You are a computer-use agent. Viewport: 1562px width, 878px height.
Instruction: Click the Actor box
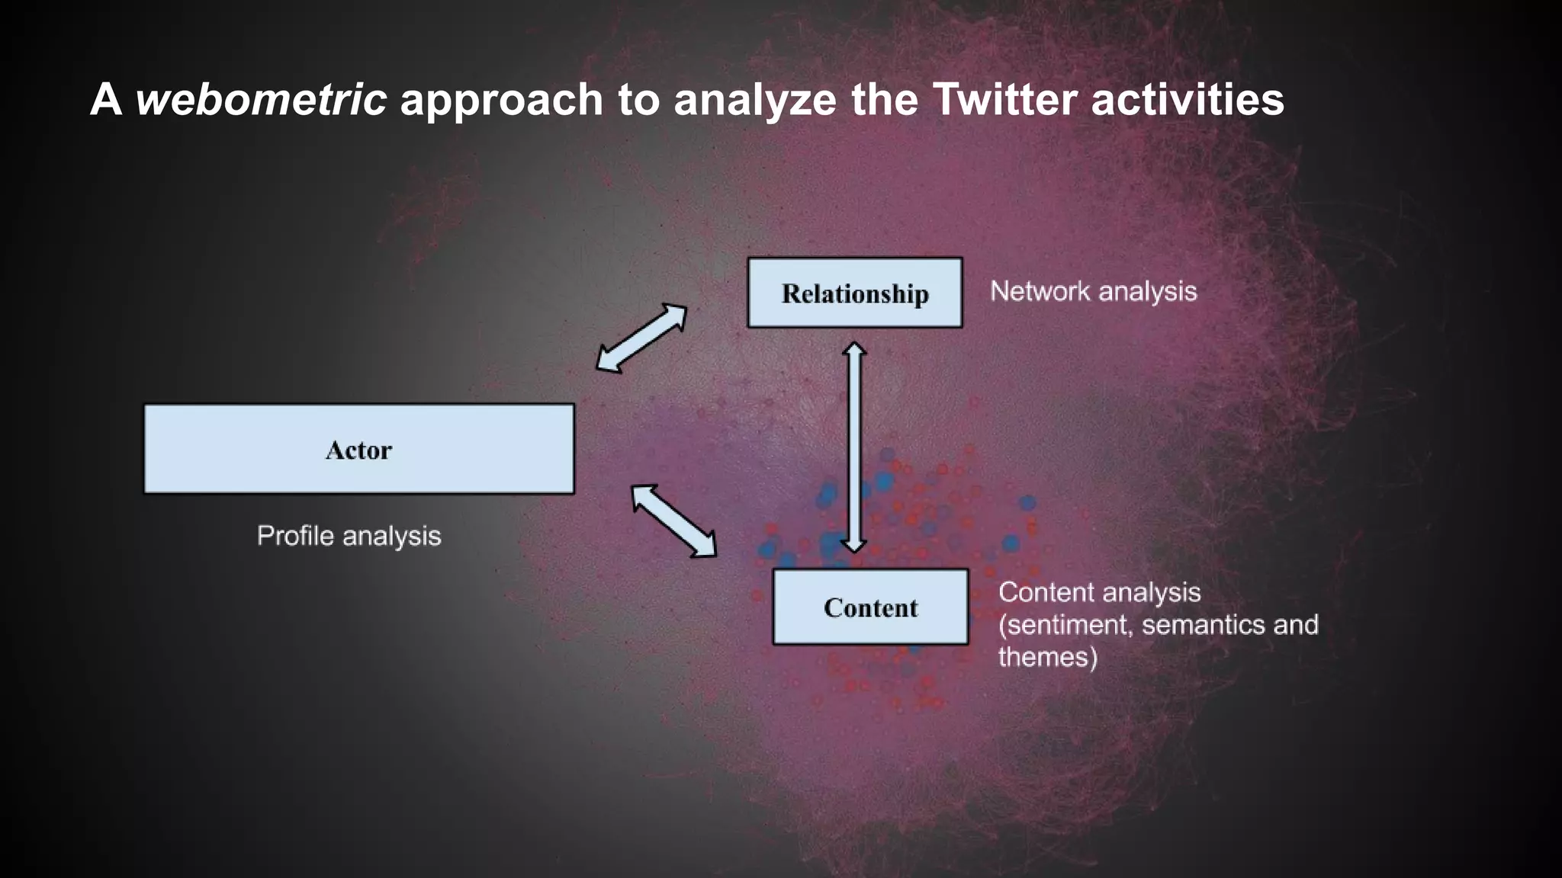358,449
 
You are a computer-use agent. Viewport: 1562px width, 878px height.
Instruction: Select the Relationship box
854,293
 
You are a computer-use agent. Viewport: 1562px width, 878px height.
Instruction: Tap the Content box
870,607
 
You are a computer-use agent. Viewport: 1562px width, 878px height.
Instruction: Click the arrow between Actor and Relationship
641,338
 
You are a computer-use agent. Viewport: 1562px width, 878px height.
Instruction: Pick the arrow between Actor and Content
674,521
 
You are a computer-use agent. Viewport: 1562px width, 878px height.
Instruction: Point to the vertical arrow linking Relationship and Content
853,447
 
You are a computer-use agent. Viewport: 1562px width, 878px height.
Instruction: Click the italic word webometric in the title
261,99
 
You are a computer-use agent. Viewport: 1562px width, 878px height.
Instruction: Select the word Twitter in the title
1004,99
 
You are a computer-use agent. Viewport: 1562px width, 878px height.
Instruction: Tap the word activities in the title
1188,99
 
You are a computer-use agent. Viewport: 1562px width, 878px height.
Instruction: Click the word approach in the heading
501,99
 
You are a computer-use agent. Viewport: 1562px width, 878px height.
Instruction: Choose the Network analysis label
1093,291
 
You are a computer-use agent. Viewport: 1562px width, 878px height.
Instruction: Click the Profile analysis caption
349,536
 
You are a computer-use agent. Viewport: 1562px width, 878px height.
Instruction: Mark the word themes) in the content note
1047,657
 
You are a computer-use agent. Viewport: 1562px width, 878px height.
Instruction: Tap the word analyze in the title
755,99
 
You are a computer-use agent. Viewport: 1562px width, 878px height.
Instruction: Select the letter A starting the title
106,99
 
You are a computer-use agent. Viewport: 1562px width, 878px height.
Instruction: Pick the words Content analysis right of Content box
1099,592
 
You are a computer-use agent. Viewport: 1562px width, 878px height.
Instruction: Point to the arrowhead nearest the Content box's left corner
705,548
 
